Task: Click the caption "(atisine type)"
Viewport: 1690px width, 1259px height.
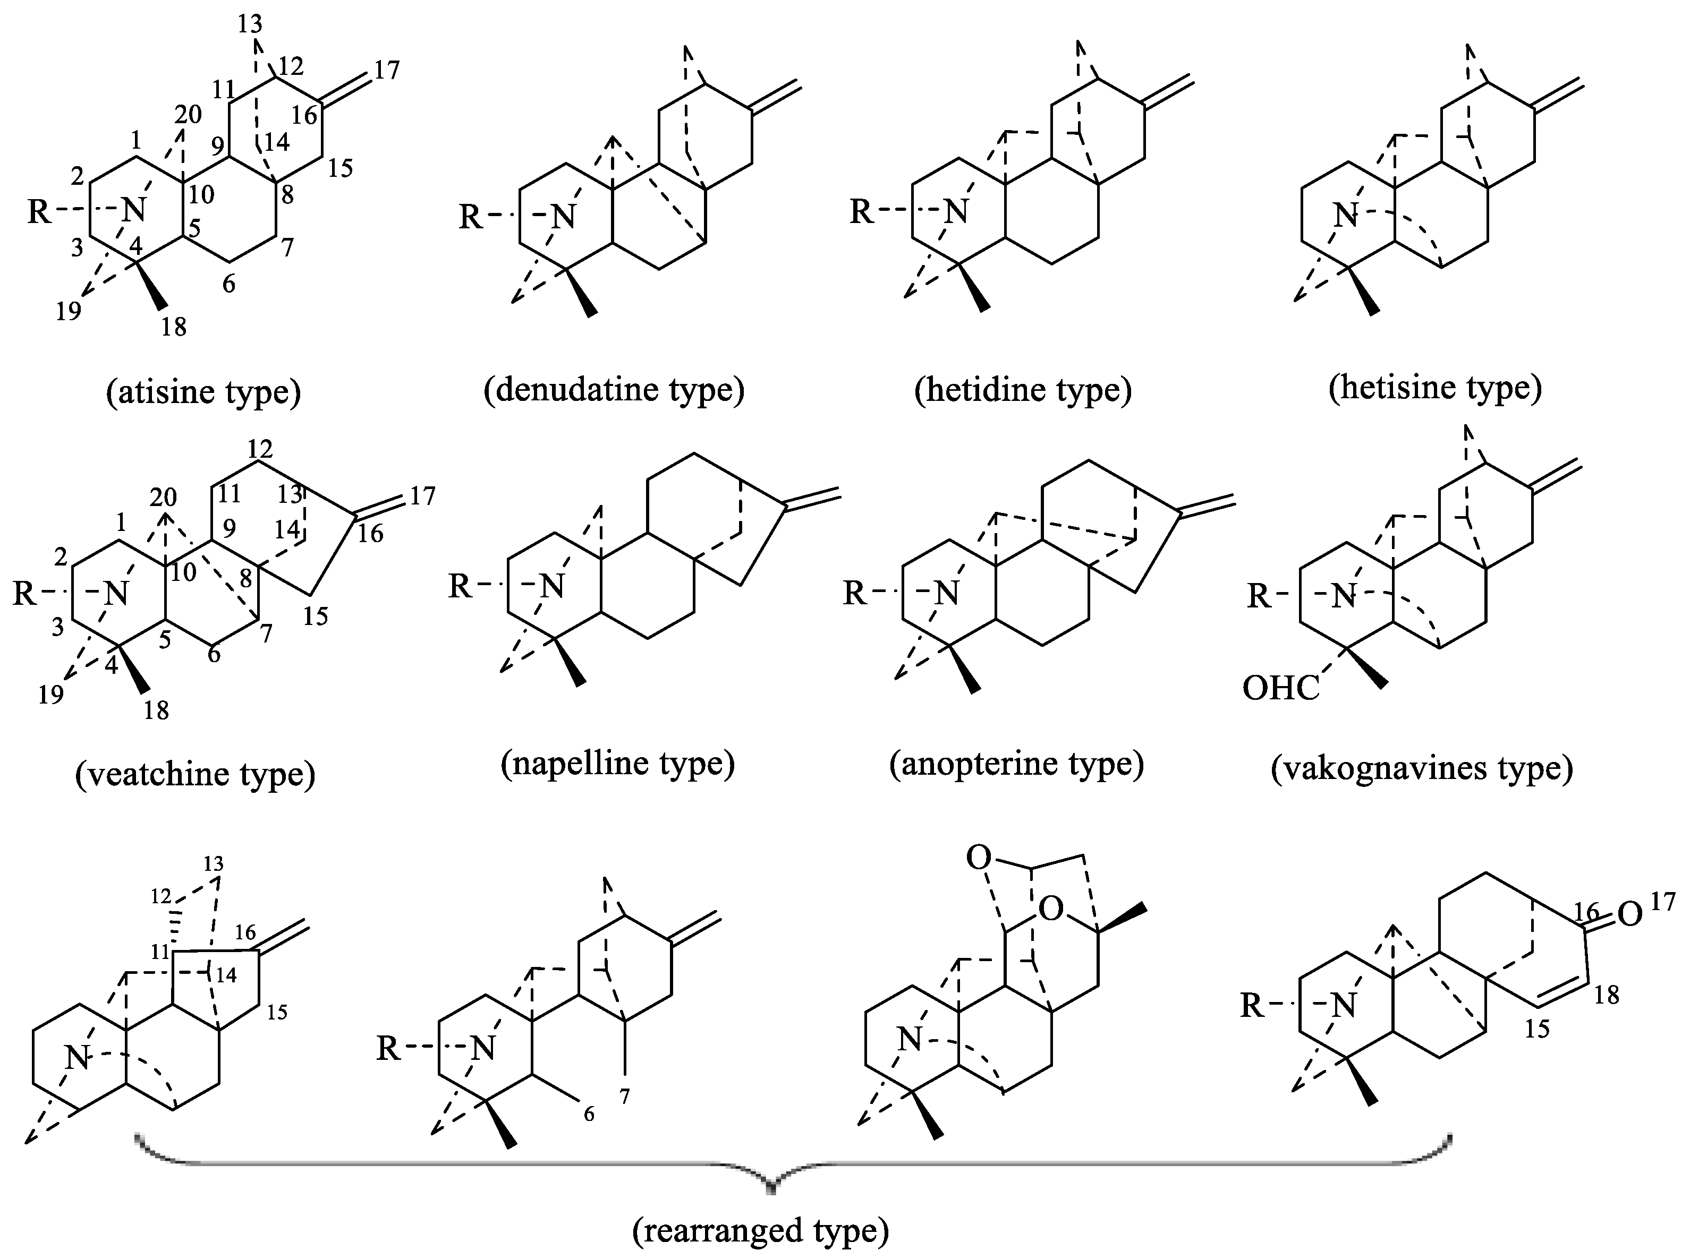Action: [x=203, y=392]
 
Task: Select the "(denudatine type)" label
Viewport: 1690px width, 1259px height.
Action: [x=614, y=389]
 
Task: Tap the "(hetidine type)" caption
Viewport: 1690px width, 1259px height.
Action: [x=1023, y=389]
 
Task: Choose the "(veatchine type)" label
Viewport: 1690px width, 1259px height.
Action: [x=195, y=774]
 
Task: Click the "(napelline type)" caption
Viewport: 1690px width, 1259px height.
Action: [x=617, y=763]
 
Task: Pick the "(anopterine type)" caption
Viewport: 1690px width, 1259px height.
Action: [x=1016, y=763]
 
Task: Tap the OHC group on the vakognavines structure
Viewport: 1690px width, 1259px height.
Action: [x=1281, y=688]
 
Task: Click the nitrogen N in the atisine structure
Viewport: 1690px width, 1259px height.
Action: [x=133, y=210]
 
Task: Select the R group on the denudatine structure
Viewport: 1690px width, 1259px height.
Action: [x=470, y=217]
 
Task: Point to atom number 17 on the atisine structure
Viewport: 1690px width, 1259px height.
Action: [x=387, y=70]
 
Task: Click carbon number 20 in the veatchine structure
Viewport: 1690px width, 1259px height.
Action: [x=163, y=498]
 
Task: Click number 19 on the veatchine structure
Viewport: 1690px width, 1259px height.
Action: [x=50, y=694]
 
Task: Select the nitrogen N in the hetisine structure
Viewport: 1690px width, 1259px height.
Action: [x=1345, y=215]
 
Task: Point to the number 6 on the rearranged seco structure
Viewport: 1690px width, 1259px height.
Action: [x=589, y=1114]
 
